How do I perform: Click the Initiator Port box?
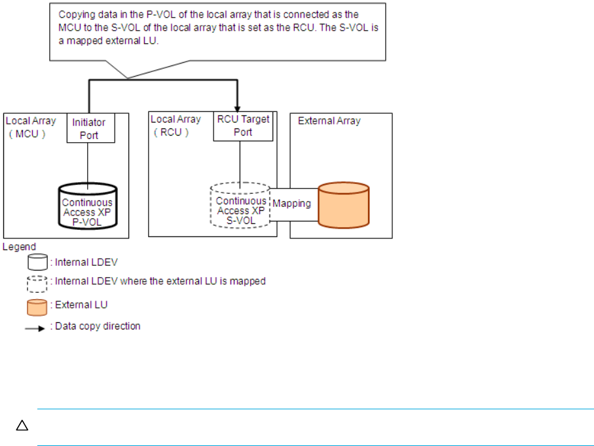click(91, 128)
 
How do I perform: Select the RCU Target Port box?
click(243, 126)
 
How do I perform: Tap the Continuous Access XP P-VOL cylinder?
click(88, 206)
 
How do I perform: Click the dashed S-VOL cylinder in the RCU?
click(240, 205)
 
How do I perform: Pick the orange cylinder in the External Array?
click(344, 205)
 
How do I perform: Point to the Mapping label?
click(291, 204)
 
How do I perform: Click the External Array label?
click(329, 121)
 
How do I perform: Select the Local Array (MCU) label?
click(31, 127)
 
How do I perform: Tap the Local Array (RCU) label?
click(176, 126)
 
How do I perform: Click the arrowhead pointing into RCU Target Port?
click(238, 109)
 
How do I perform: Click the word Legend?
click(20, 247)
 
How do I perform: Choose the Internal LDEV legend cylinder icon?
click(37, 262)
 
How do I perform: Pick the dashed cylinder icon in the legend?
click(37, 284)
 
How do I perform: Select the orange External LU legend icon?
click(37, 307)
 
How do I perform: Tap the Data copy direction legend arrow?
click(35, 329)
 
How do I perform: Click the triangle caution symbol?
click(22, 426)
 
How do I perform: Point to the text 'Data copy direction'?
click(98, 326)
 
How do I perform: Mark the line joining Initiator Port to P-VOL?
click(88, 166)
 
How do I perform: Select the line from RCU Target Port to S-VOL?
click(240, 164)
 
